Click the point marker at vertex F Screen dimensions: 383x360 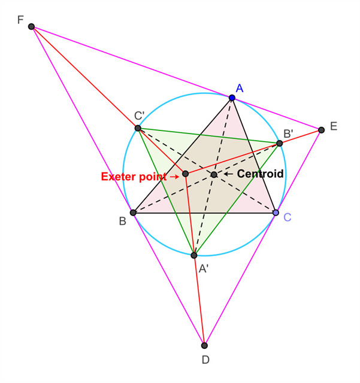pos(31,27)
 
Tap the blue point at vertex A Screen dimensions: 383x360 pos(232,98)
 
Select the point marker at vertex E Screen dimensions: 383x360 pos(321,130)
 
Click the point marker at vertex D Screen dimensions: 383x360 pos(204,345)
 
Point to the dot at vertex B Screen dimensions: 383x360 pos(133,212)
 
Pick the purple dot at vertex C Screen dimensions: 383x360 pos(276,212)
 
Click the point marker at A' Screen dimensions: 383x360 pos(193,256)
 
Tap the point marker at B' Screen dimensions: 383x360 pos(279,144)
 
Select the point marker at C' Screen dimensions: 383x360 pos(138,128)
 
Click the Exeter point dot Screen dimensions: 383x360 pos(185,174)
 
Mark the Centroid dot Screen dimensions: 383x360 pos(214,175)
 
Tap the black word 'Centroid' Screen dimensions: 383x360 pos(260,174)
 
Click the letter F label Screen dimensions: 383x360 pos(20,20)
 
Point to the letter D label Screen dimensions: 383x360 pos(205,360)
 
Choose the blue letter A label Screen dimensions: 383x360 pos(239,88)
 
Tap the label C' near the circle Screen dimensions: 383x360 pos(140,115)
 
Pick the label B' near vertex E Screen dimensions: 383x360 pos(288,133)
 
